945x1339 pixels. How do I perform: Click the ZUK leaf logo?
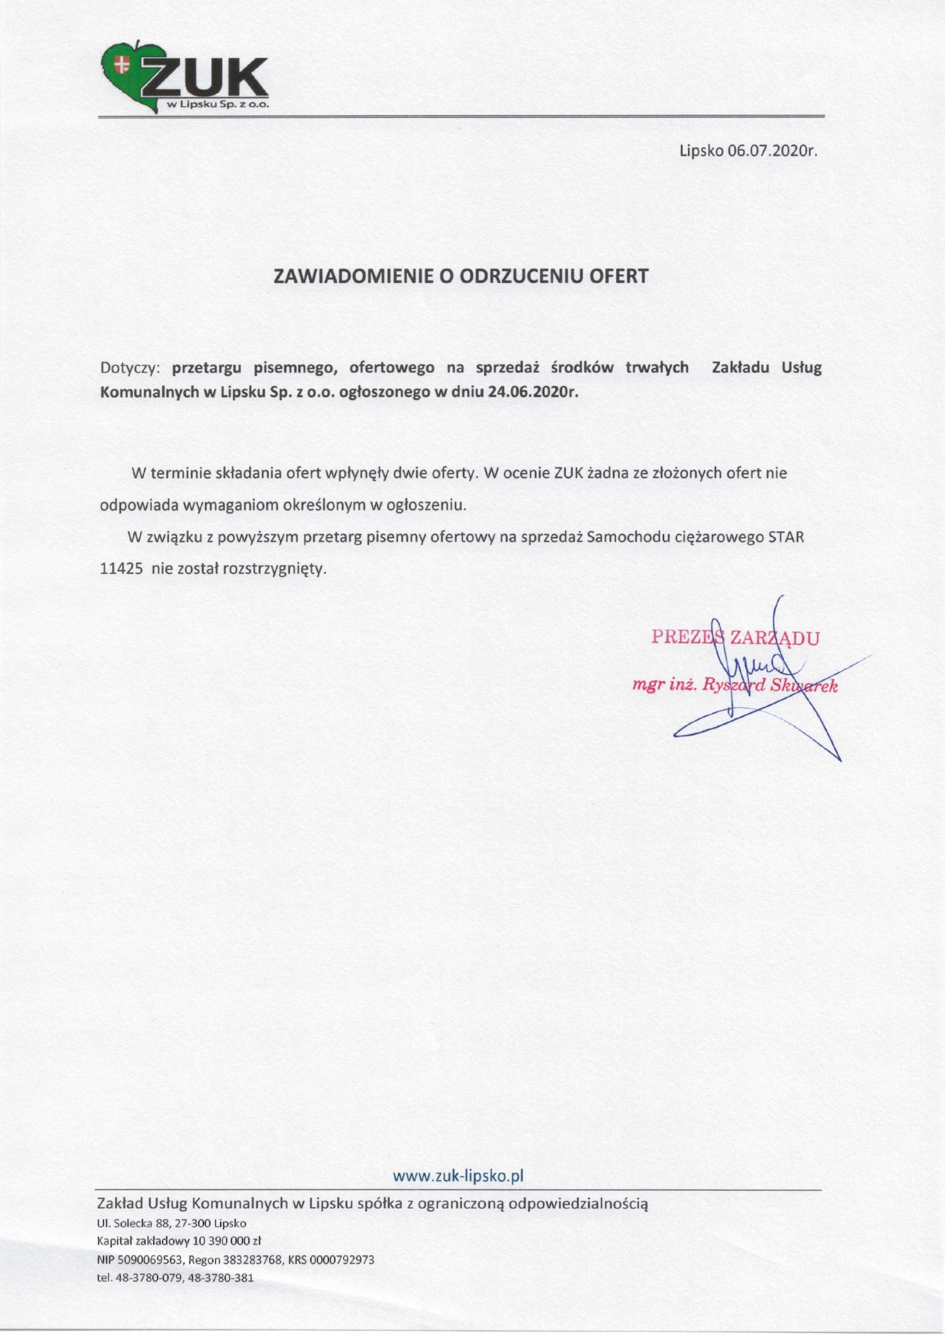click(x=185, y=79)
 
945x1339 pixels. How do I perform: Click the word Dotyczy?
click(x=131, y=368)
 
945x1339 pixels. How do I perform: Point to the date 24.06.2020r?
click(x=532, y=391)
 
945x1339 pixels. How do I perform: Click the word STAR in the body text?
click(x=786, y=537)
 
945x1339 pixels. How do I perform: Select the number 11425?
click(x=121, y=569)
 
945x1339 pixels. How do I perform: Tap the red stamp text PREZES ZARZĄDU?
click(x=735, y=638)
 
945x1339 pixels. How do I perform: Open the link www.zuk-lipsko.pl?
click(x=459, y=1176)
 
